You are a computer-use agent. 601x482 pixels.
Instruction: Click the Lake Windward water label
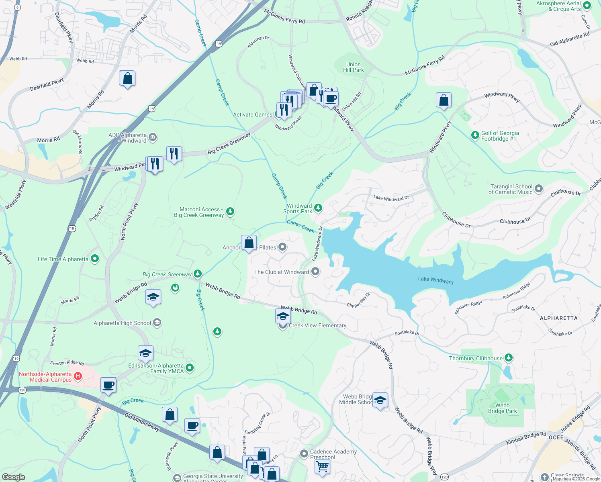[435, 280]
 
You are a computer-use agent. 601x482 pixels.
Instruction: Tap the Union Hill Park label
[353, 67]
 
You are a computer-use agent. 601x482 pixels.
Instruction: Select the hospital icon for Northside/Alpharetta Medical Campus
[78, 376]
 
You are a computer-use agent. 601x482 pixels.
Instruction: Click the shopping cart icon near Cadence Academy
[322, 467]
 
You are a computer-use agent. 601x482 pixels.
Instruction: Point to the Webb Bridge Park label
[502, 408]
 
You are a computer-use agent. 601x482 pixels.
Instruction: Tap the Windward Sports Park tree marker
[318, 208]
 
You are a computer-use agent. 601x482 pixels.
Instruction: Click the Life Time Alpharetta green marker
[95, 259]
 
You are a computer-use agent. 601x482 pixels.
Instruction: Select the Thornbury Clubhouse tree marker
[509, 357]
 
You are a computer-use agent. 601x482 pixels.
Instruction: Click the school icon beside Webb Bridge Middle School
[380, 400]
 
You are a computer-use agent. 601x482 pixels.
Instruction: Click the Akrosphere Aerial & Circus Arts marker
[587, 6]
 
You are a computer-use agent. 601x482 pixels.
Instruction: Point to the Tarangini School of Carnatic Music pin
[539, 188]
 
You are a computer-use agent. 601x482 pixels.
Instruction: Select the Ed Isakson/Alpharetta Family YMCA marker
[190, 368]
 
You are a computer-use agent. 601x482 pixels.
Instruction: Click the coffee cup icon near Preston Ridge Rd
[108, 385]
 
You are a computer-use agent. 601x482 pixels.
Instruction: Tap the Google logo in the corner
[14, 477]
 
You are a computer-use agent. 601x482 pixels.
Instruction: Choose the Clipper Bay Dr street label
[358, 300]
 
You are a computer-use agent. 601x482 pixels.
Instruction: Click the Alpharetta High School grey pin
[157, 323]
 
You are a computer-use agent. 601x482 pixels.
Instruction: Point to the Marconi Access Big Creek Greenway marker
[230, 211]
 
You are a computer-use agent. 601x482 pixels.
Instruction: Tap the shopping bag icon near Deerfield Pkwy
[127, 79]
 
